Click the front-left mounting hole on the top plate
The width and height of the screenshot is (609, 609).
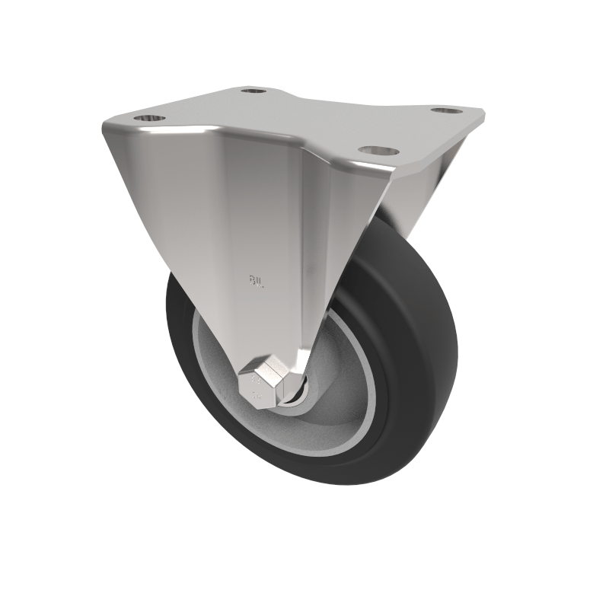(x=149, y=119)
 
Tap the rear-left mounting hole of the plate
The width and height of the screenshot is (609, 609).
(x=253, y=91)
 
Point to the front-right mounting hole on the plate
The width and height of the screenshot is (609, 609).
(x=372, y=150)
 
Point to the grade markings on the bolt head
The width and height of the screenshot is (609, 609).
(x=257, y=384)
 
